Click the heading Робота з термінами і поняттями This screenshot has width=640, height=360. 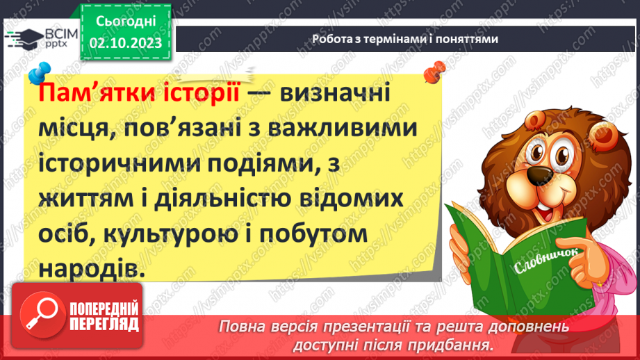point(405,39)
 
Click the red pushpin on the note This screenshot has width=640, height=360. point(436,69)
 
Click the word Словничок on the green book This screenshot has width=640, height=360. point(547,261)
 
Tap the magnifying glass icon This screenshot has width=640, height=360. point(41,315)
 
